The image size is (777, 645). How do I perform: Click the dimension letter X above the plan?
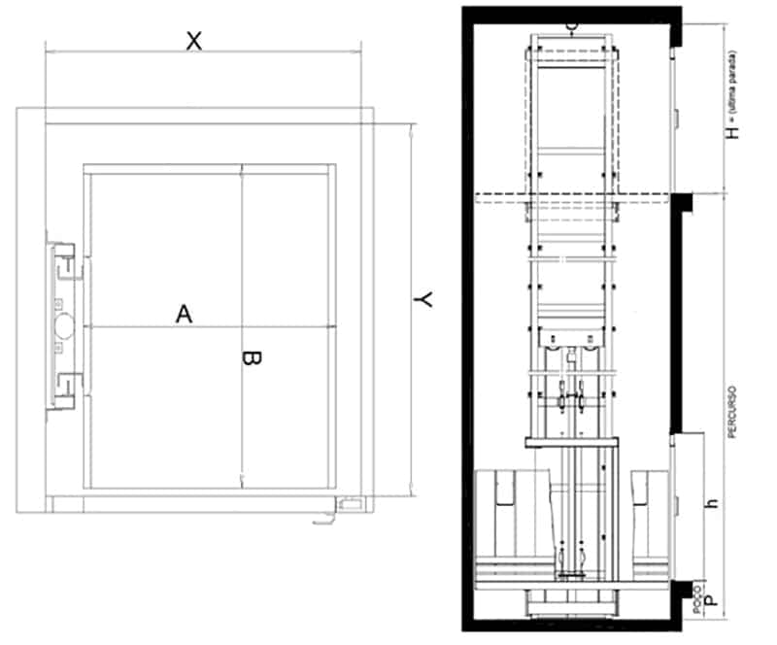pos(194,41)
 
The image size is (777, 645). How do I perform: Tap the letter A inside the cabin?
pos(184,314)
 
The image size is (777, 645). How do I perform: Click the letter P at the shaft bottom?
pos(714,601)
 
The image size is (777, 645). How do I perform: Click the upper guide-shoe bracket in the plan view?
pos(65,261)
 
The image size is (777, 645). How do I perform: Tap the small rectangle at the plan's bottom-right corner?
pos(350,502)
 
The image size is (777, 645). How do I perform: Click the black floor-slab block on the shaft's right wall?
pos(682,201)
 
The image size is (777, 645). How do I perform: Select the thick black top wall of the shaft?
pos(573,13)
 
